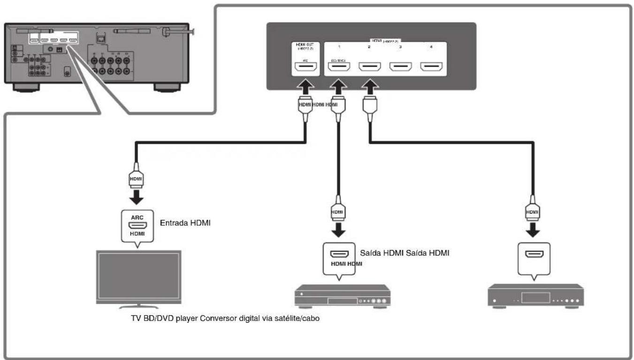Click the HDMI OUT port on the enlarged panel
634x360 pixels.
306,68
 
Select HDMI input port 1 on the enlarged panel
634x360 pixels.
338,68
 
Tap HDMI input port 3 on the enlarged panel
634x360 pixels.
401,68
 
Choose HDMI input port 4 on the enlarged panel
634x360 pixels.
432,68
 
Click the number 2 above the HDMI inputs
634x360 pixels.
369,47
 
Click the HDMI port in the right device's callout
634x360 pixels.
533,254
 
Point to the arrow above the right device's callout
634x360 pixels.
533,231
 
